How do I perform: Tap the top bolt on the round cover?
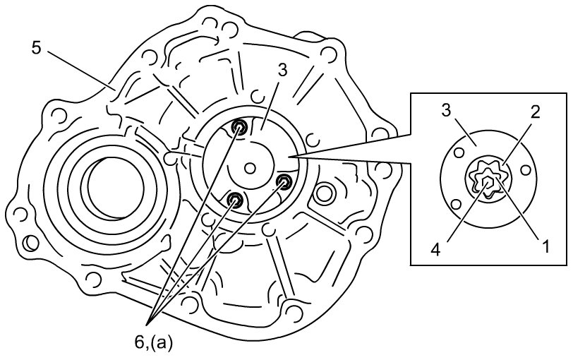coord(240,128)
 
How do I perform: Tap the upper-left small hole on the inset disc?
coord(459,151)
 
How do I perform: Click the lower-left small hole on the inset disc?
coord(457,204)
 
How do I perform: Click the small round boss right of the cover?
coord(325,191)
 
